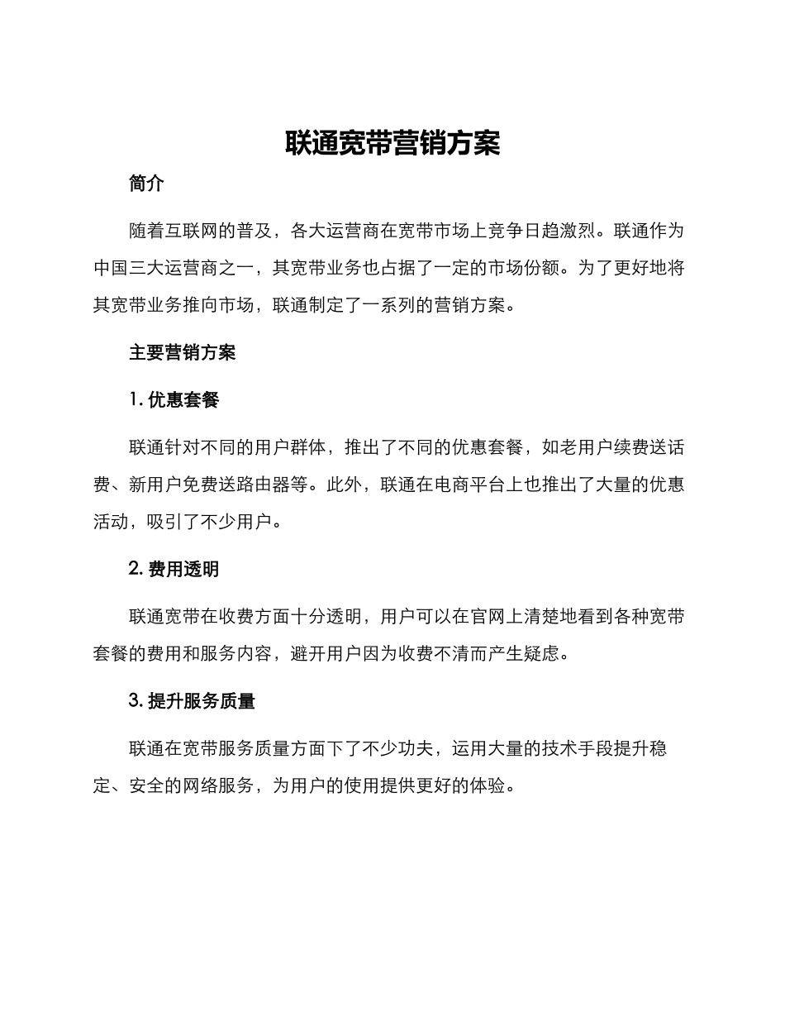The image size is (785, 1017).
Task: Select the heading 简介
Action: tap(147, 184)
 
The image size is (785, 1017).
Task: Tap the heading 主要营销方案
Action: tap(183, 353)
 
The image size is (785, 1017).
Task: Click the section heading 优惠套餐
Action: tap(183, 400)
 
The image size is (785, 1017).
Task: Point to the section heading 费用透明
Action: tap(183, 569)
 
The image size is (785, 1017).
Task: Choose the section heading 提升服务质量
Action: tap(202, 701)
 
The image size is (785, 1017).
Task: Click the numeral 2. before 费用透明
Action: tap(136, 569)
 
